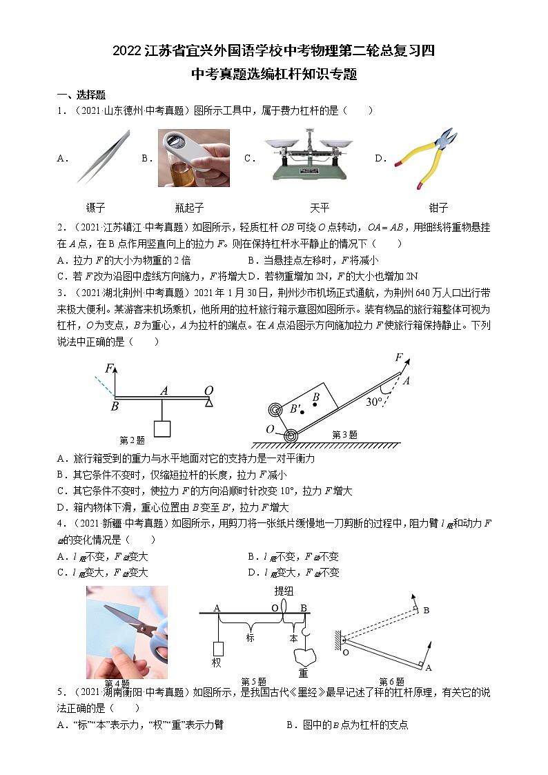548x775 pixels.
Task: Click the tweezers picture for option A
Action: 103,157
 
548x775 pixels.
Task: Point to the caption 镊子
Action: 95,208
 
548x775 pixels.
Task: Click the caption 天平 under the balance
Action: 319,208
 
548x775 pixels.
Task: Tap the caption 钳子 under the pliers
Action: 438,208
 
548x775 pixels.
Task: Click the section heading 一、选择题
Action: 81,95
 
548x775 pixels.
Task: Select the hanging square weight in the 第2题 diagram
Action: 162,428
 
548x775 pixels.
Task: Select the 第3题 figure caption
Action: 345,435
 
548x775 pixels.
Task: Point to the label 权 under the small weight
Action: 215,663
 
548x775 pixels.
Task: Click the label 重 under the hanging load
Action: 302,673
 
